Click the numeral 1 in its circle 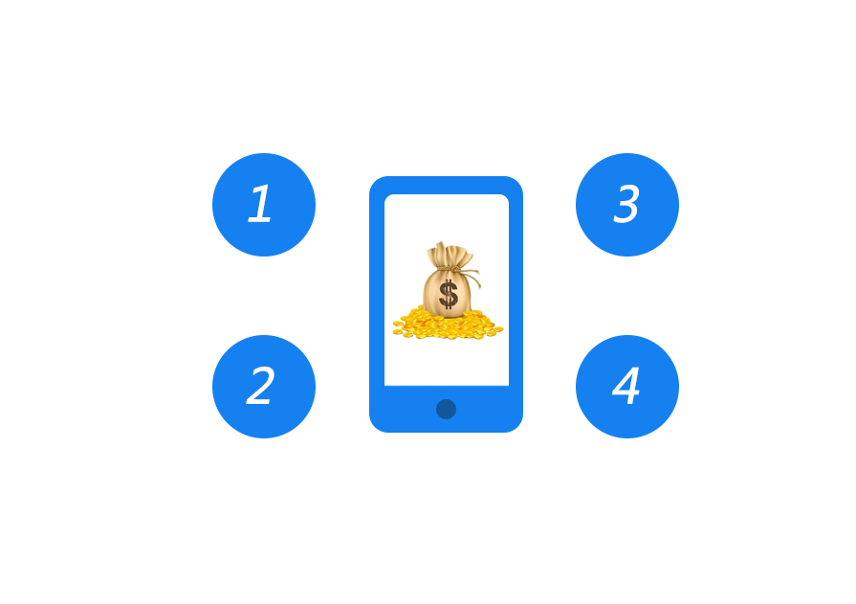tap(260, 205)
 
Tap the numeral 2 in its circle tap(260, 387)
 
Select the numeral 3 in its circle tap(626, 205)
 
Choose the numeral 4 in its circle tap(626, 387)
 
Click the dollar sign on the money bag tap(448, 294)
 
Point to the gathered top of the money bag tap(448, 254)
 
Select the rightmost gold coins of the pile tap(496, 330)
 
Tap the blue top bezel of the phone tap(446, 184)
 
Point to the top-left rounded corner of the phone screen tap(388, 198)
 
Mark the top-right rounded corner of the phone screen tap(505, 198)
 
